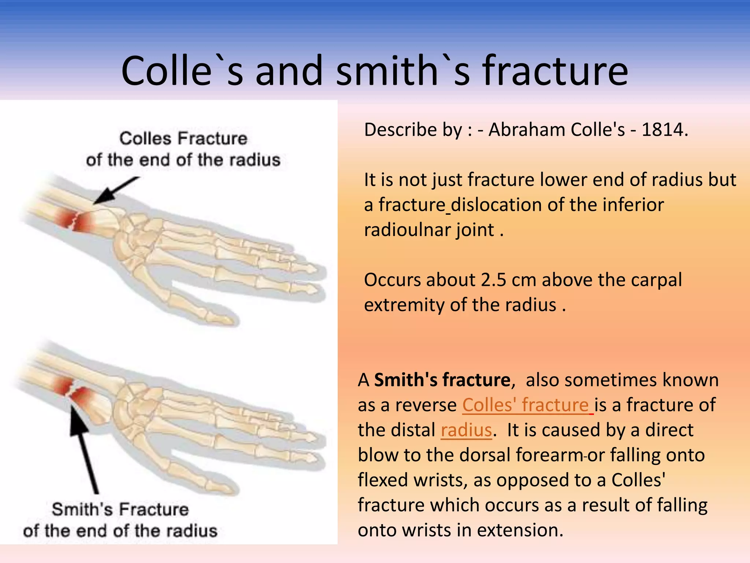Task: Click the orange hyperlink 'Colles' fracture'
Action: pos(526,405)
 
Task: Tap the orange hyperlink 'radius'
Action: pos(466,430)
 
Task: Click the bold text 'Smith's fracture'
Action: pos(442,380)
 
